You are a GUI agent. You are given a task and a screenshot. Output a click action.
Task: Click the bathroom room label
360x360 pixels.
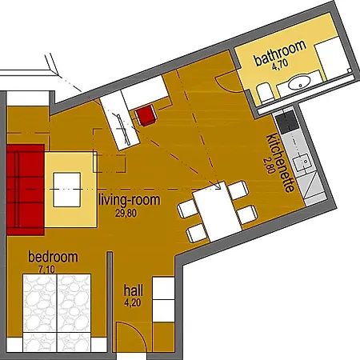(x=280, y=53)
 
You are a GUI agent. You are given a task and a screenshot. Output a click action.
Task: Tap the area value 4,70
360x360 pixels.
(x=280, y=64)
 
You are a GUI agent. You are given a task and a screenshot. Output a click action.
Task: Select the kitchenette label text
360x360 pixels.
(x=280, y=162)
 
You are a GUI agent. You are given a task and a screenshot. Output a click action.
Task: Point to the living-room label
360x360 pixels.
(x=130, y=200)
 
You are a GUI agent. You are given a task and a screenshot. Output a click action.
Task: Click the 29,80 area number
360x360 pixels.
(x=126, y=213)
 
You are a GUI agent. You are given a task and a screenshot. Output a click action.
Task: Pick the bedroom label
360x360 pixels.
(x=53, y=257)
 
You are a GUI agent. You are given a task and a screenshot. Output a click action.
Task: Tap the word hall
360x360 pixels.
(x=134, y=290)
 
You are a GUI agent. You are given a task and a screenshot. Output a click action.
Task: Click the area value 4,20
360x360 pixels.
(x=133, y=302)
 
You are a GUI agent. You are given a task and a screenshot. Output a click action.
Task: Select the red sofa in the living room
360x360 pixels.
(x=26, y=190)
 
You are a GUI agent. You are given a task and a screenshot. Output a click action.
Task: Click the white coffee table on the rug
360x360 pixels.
(x=66, y=190)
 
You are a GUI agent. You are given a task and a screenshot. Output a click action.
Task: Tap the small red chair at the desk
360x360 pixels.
(x=146, y=115)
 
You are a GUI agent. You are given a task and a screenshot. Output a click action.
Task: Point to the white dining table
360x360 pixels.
(x=217, y=211)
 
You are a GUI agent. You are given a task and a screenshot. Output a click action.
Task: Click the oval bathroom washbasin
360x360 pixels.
(x=300, y=82)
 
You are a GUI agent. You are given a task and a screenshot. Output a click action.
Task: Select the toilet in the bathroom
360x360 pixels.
(x=265, y=94)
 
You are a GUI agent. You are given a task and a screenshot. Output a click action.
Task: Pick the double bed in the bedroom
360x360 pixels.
(x=57, y=312)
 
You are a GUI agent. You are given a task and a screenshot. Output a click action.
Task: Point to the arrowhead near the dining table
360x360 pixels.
(x=218, y=186)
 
